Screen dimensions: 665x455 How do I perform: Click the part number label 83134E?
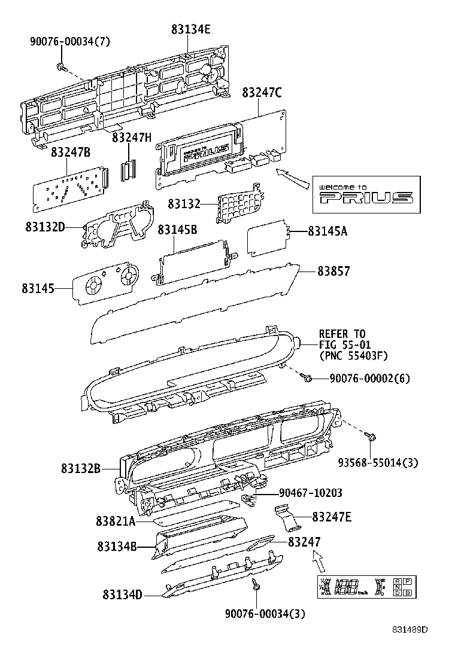190,29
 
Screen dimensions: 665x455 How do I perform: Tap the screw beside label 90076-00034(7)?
60,65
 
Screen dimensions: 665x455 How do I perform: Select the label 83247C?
262,93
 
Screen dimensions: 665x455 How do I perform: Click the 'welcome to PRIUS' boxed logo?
365,194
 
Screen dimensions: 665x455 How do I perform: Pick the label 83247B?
70,152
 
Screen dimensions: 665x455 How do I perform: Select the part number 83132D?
45,227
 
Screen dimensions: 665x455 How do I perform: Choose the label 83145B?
177,230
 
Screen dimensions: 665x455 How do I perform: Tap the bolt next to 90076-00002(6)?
308,378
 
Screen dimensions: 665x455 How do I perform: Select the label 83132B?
80,468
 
